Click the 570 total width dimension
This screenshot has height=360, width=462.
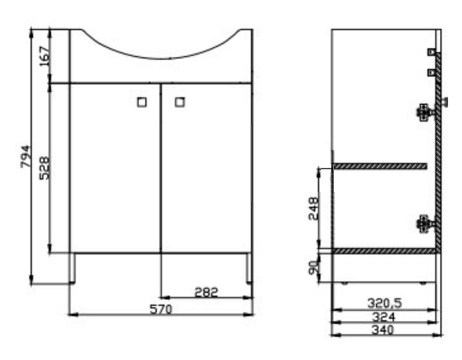[x=161, y=309]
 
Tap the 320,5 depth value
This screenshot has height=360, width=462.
[x=384, y=304]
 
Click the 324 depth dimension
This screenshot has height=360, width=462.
[x=384, y=317]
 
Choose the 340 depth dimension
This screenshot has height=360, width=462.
[x=384, y=330]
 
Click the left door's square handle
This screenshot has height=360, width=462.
[x=142, y=102]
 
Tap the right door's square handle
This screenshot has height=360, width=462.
[x=180, y=102]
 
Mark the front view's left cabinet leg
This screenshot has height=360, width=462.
[x=73, y=268]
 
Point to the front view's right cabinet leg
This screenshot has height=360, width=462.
[x=250, y=268]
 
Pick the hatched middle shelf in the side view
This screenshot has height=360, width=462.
[x=380, y=167]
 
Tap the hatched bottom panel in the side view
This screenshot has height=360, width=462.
[x=384, y=251]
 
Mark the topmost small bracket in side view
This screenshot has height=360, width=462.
[x=432, y=52]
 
